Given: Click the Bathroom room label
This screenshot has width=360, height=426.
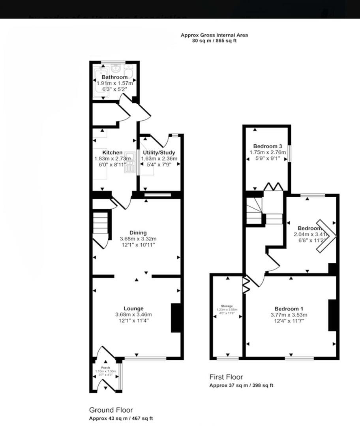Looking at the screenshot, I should [114, 77].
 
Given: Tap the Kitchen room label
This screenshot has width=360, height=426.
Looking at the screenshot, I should [112, 153].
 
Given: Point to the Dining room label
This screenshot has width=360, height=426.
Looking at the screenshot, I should [138, 233].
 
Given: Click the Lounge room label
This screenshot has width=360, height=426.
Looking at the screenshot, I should [133, 308].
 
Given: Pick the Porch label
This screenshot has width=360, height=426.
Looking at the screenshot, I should [105, 368].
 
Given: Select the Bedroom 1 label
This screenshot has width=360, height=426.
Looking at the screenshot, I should [289, 308].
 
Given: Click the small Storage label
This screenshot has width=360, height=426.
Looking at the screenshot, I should [227, 306].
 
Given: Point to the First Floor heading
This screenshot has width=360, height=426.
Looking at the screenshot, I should [226, 377].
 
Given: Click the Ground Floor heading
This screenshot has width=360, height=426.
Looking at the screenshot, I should [111, 410].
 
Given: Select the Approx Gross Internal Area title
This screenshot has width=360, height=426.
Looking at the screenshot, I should [214, 35].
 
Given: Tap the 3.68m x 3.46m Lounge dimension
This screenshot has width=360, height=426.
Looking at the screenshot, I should [133, 314].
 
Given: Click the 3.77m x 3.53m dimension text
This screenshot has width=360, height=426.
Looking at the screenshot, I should [289, 315].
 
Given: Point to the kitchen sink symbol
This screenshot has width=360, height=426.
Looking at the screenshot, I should [129, 162].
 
